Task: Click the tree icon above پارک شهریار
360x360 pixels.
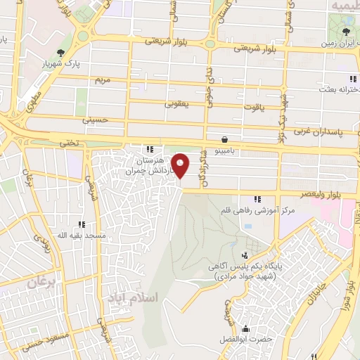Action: point(62,52)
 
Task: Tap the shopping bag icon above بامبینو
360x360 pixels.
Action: point(224,139)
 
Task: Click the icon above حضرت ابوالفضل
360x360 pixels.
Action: point(246,328)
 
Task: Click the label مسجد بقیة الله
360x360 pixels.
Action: point(82,235)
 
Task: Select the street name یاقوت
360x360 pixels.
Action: point(252,107)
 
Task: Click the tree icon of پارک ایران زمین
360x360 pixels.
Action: point(346,32)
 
